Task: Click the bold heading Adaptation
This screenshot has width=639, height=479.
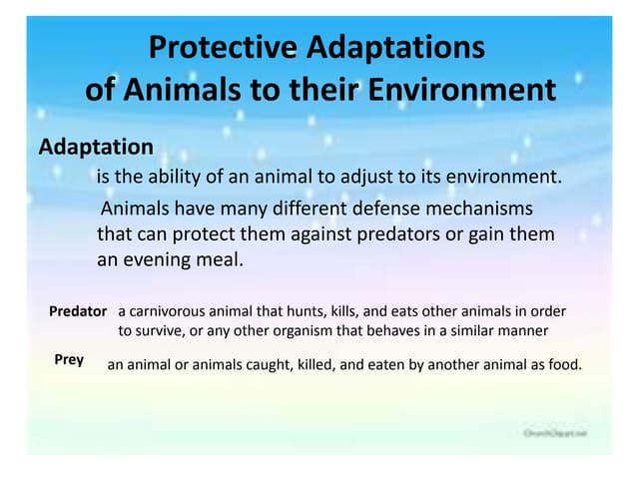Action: click(x=96, y=147)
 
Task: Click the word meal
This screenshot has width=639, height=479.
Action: click(x=221, y=258)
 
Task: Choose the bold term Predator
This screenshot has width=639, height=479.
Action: click(x=78, y=311)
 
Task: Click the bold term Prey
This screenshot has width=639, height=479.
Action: click(x=69, y=359)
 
